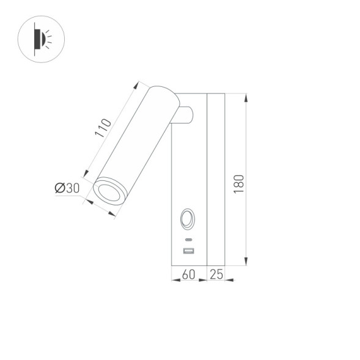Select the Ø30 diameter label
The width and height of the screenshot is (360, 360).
tap(67, 188)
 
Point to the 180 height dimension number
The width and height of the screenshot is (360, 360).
tap(238, 184)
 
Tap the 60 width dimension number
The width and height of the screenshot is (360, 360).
tap(189, 274)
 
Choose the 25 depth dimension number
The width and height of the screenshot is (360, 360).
tap(216, 274)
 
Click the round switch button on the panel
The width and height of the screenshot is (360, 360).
tap(188, 218)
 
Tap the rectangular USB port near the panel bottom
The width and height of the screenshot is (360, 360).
tap(188, 251)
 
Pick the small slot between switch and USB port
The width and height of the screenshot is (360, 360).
tap(188, 239)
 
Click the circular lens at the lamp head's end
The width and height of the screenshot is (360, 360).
tap(110, 191)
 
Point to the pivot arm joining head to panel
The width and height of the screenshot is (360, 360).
tap(183, 114)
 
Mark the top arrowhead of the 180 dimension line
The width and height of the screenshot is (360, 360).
tap(246, 97)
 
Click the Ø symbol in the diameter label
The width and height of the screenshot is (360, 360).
tap(59, 188)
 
